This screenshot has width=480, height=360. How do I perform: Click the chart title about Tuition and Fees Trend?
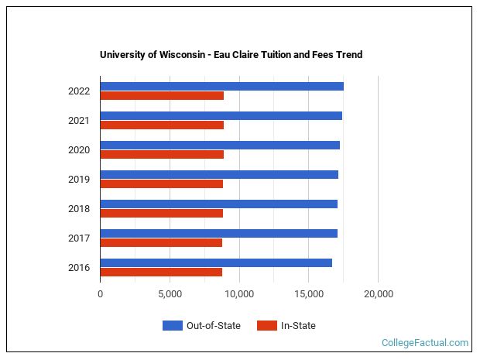click(231, 55)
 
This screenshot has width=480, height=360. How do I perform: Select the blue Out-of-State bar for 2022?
click(221, 86)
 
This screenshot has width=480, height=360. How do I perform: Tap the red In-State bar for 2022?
click(162, 96)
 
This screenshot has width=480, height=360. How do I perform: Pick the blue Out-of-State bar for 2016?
click(216, 262)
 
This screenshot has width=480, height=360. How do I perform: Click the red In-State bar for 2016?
click(161, 273)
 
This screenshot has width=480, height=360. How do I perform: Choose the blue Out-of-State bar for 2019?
click(219, 174)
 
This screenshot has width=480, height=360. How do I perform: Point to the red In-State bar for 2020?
click(162, 155)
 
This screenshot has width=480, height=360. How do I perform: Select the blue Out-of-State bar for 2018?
click(218, 204)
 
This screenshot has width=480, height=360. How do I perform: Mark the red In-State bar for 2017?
click(161, 243)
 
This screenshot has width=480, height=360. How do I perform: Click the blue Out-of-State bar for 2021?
click(221, 115)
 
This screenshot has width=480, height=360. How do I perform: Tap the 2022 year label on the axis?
click(79, 91)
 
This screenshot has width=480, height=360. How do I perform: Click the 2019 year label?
click(79, 180)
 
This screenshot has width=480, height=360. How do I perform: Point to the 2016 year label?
click(79, 268)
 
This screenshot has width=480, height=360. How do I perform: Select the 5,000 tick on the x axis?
click(170, 294)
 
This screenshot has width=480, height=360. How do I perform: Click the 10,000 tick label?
click(239, 294)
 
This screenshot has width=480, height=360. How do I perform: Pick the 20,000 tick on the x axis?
click(378, 294)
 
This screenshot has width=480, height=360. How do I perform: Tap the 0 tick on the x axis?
click(100, 294)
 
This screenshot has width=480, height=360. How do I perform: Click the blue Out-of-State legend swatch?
click(172, 326)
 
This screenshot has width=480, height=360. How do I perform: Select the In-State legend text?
click(298, 326)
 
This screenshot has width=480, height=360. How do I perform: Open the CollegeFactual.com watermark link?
click(425, 343)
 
